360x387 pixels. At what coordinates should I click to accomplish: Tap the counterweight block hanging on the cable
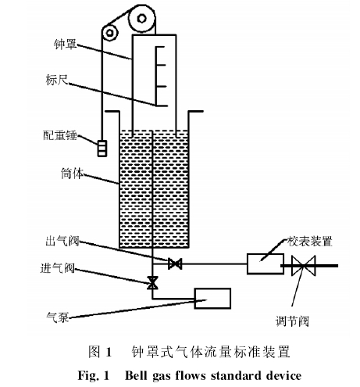coord(102,149)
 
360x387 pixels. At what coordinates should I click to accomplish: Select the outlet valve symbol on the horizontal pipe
coord(175,263)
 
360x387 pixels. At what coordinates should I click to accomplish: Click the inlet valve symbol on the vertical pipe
coord(152,283)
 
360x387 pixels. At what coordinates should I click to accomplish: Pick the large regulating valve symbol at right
coord(303,266)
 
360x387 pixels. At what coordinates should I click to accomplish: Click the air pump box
coord(212,298)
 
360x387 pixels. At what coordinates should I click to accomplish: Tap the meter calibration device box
coord(266,263)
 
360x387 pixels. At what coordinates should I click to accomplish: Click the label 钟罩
coord(66,44)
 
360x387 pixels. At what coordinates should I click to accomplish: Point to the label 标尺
coord(57,80)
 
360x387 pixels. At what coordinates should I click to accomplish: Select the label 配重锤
coord(60,135)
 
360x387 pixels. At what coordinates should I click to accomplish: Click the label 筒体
coord(72,174)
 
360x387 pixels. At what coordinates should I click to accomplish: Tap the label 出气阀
coord(62,241)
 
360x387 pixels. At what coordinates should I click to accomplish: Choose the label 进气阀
coord(58,268)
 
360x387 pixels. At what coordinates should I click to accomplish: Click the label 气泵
coord(57,317)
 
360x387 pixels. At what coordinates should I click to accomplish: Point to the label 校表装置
coord(310,242)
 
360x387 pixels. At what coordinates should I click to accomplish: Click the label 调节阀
coord(292,321)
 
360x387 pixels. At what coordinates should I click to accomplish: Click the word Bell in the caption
coord(137,375)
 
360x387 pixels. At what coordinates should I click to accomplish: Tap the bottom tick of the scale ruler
coord(162,106)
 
